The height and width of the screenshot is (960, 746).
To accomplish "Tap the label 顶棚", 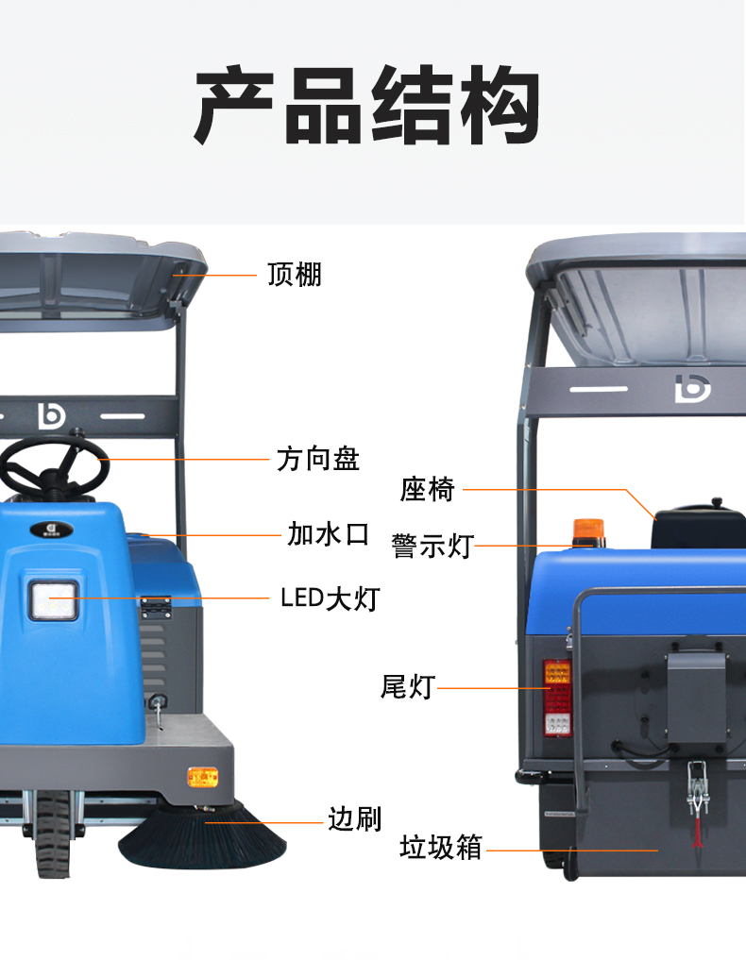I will click(294, 275).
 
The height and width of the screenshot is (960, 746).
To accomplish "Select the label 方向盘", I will click(318, 460).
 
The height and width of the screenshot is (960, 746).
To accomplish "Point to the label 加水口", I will click(328, 534).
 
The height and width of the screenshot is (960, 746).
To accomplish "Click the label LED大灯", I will click(330, 598).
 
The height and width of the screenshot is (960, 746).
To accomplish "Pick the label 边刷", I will click(354, 818).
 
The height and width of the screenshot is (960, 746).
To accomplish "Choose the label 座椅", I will click(428, 490).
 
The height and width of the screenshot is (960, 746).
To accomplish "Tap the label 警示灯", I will click(432, 546).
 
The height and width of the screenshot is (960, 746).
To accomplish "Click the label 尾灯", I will click(407, 687).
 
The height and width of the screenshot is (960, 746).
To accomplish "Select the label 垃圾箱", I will click(441, 848).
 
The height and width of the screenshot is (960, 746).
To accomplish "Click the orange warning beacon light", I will click(585, 531).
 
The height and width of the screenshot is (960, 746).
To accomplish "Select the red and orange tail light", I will click(556, 699).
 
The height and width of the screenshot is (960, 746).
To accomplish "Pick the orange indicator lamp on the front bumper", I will click(203, 777).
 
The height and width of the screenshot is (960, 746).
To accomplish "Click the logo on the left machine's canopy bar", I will click(49, 414).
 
